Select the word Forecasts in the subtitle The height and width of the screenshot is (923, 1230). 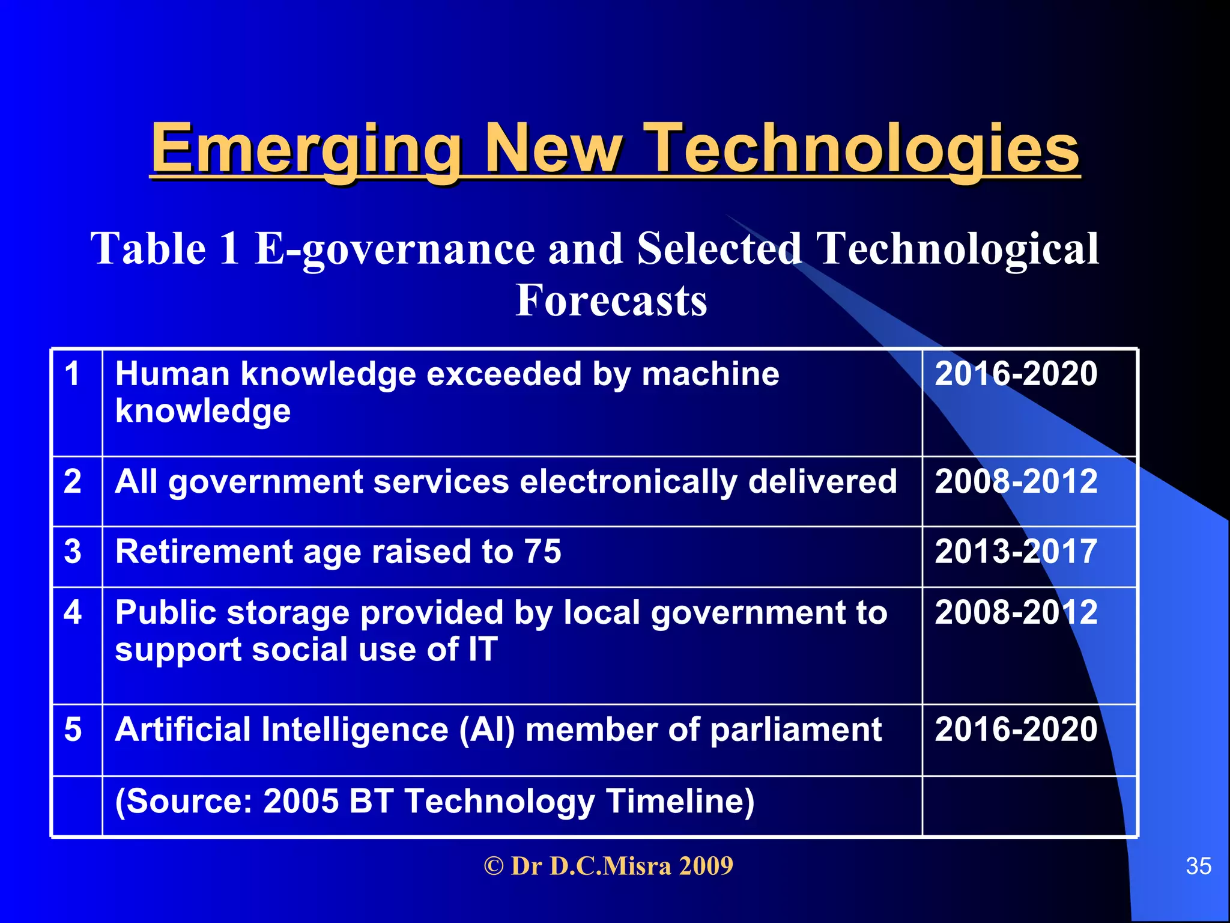611,300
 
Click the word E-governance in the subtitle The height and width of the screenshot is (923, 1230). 395,249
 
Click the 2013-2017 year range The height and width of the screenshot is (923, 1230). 1016,552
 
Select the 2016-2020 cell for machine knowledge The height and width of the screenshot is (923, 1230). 1016,374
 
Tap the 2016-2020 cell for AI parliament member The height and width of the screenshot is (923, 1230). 1016,730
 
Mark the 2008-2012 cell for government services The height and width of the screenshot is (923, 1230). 1016,481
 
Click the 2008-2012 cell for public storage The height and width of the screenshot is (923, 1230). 1016,612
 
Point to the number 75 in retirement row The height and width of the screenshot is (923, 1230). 542,552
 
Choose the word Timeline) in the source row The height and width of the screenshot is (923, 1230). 680,802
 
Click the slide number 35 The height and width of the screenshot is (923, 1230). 1198,867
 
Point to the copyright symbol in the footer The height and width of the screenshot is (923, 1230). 493,867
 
